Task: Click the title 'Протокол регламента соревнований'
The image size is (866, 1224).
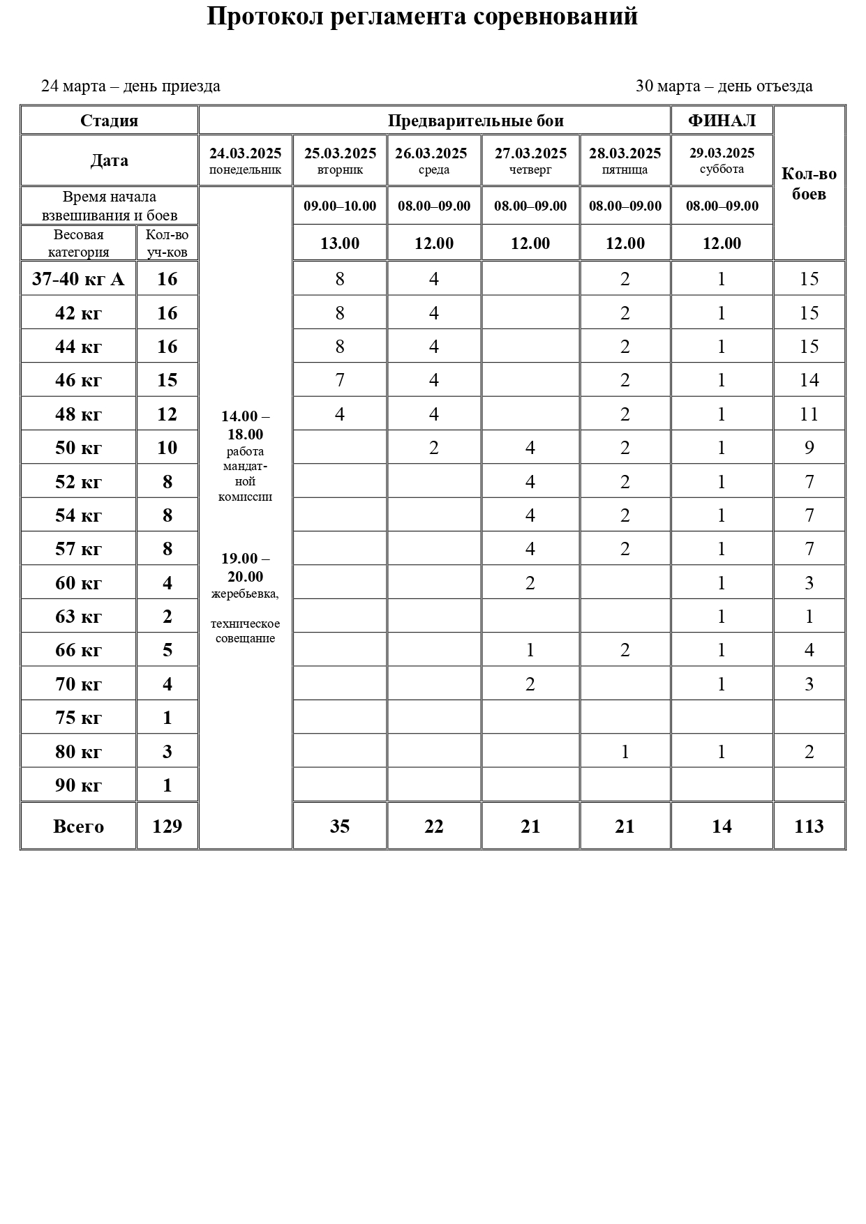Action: pyautogui.click(x=422, y=17)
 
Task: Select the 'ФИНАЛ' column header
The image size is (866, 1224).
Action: pyautogui.click(x=722, y=121)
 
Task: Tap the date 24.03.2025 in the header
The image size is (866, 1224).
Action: pyautogui.click(x=245, y=153)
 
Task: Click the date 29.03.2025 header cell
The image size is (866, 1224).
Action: pyautogui.click(x=722, y=153)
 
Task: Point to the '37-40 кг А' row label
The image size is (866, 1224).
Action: pyautogui.click(x=78, y=279)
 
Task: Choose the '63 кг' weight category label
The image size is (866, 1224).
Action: pyautogui.click(x=78, y=617)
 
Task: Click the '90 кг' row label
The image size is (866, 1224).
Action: pyautogui.click(x=78, y=785)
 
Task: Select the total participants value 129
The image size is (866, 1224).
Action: pyautogui.click(x=167, y=826)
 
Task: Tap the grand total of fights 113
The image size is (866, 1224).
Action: pyautogui.click(x=809, y=826)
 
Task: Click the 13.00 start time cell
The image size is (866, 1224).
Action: pyautogui.click(x=340, y=243)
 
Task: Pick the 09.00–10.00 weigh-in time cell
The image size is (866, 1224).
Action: pyautogui.click(x=340, y=206)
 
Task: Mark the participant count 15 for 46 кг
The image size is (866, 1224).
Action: pyautogui.click(x=167, y=380)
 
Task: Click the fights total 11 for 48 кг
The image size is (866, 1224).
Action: pyautogui.click(x=809, y=414)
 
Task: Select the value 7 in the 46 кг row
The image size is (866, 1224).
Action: pyautogui.click(x=340, y=380)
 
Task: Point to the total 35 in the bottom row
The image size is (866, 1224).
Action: pyautogui.click(x=340, y=826)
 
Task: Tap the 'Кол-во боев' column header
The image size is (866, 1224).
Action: pyautogui.click(x=809, y=183)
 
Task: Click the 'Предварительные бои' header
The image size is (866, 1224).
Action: pyautogui.click(x=475, y=121)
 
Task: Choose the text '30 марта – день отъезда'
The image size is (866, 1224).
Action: pyautogui.click(x=724, y=86)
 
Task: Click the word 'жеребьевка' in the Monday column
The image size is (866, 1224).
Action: pyautogui.click(x=244, y=594)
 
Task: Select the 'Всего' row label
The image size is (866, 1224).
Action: pyautogui.click(x=78, y=826)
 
